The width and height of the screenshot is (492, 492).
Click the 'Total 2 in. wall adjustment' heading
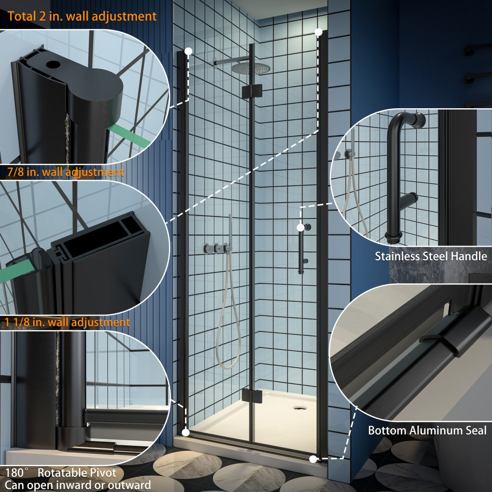[82, 16]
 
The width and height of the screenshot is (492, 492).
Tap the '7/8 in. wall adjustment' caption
[66, 172]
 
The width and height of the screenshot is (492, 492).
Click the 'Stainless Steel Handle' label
[431, 256]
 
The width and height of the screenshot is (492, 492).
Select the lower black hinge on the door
[252, 396]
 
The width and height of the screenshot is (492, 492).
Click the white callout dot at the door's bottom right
[313, 459]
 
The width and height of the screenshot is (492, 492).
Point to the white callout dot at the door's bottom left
[185, 432]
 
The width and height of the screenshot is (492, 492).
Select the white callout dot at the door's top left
[189, 51]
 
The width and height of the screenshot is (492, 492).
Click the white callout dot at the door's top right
[318, 31]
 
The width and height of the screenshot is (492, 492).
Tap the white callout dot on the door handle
[301, 227]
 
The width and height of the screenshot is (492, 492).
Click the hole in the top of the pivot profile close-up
[52, 64]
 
